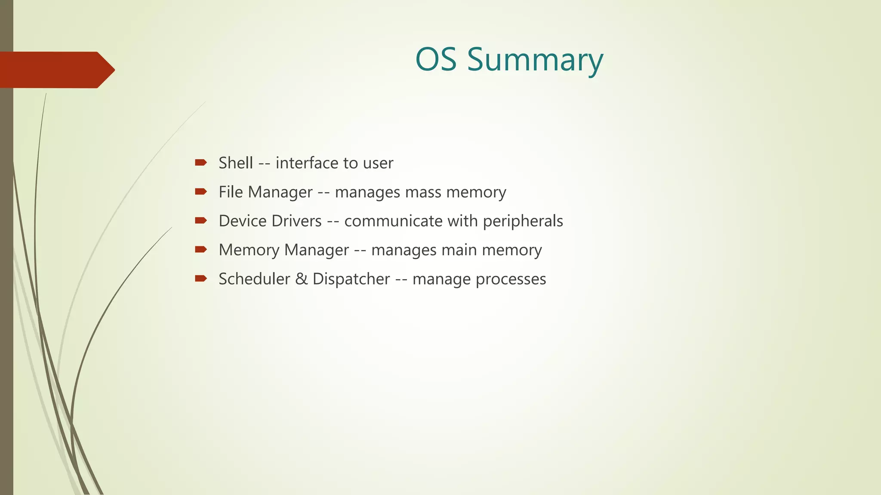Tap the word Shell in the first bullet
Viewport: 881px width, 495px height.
pos(235,163)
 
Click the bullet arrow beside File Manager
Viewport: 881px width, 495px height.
pos(200,192)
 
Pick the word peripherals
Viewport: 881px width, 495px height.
pos(523,222)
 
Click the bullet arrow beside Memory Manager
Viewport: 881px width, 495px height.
pos(200,249)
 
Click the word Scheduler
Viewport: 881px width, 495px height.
pos(254,279)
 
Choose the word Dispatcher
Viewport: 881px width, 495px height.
pos(351,279)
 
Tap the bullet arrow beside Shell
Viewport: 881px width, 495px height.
pos(200,162)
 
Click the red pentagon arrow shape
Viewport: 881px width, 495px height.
pos(56,70)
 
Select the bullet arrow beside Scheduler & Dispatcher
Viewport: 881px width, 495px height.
pos(200,278)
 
